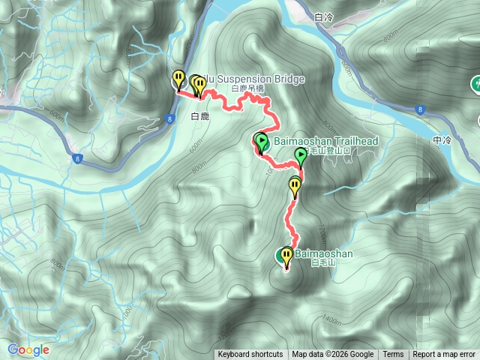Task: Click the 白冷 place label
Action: coord(324,16)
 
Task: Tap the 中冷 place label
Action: coord(443,140)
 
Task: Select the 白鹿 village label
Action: coord(199,116)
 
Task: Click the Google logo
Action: coord(28,349)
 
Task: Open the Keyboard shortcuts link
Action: coord(250,355)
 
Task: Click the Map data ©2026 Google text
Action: coord(333,355)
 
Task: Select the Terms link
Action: coord(393,355)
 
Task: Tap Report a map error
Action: coord(445,355)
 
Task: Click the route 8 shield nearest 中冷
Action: coord(419,109)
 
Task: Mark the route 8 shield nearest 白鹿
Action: coord(171,118)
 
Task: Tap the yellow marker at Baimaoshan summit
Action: coord(286,256)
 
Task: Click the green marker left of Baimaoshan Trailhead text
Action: coord(261,141)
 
